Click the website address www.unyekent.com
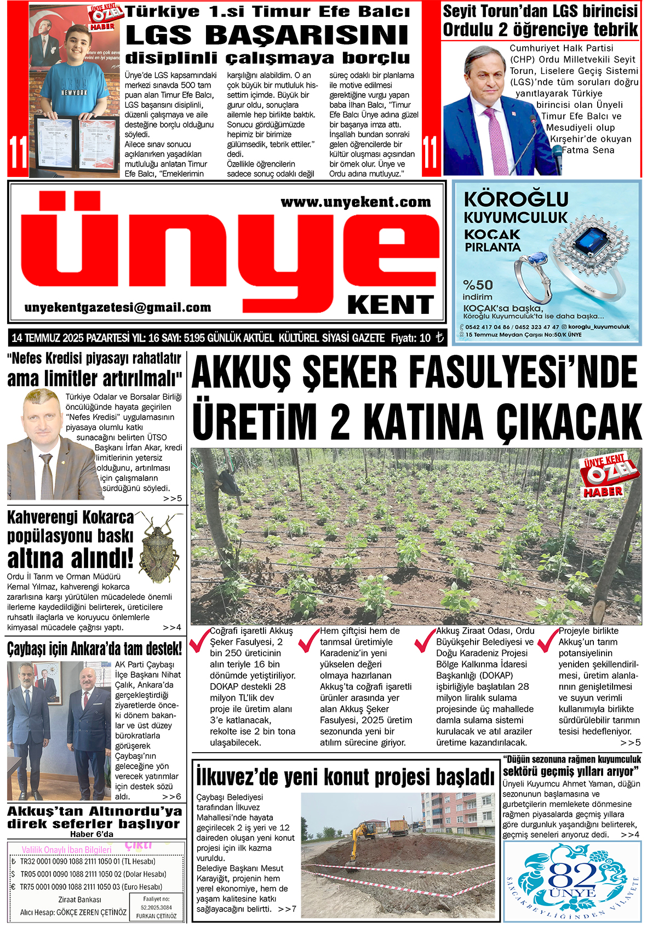click(356, 203)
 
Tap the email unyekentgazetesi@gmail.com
click(118, 308)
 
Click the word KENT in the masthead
click(391, 305)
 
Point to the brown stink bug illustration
click(159, 548)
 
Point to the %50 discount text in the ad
click(478, 285)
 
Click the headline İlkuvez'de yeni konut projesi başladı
click(345, 777)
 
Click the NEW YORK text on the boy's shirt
click(74, 93)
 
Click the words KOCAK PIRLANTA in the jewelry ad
click(493, 240)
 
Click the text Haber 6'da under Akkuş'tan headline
click(91, 834)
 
